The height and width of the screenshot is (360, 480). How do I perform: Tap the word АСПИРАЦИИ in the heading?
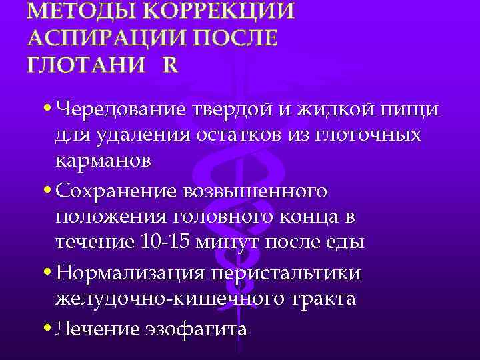pyautogui.click(x=105, y=38)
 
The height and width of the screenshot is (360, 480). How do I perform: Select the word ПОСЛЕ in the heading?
pyautogui.click(x=233, y=38)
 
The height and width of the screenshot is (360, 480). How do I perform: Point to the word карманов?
pyautogui.click(x=103, y=161)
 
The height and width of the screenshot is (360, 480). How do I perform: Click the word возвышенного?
pyautogui.click(x=261, y=191)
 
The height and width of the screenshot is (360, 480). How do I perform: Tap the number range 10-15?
pyautogui.click(x=166, y=242)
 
